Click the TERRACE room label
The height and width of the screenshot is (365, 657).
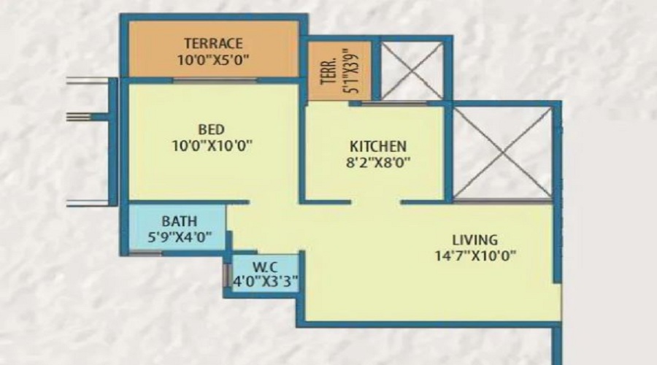click(x=213, y=43)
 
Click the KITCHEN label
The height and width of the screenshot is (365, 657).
click(x=377, y=146)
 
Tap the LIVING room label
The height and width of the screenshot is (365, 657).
click(x=474, y=239)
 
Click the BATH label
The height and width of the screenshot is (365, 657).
click(x=179, y=220)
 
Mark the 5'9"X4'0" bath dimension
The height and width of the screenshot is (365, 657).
click(x=179, y=236)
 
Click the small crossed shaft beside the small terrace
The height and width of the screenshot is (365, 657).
click(x=412, y=70)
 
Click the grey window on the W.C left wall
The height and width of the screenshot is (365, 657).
click(x=226, y=275)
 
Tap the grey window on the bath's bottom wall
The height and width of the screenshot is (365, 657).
click(x=145, y=253)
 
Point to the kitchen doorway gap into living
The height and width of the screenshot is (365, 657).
click(x=377, y=201)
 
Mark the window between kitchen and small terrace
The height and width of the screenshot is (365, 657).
click(x=395, y=104)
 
